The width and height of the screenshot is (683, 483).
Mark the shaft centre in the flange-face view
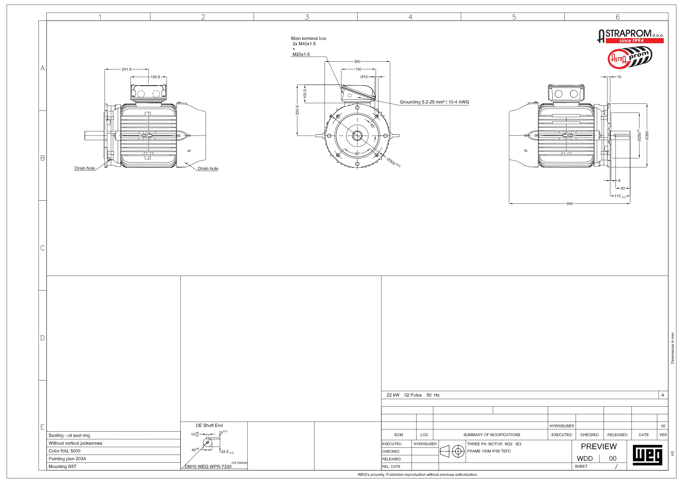pos(357,136)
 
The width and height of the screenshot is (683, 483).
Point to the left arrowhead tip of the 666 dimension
pos(509,204)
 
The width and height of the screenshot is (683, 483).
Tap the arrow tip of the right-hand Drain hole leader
pos(185,162)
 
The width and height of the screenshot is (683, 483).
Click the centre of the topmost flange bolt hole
pos(357,107)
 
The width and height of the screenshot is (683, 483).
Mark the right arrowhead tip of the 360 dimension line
pos(390,62)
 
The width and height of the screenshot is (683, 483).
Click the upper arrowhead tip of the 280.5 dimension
pos(297,85)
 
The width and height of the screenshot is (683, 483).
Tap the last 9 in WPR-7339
pos(230,466)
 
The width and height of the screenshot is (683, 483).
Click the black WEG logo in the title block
pos(647,455)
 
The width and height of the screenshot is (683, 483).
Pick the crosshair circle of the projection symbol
pos(458,451)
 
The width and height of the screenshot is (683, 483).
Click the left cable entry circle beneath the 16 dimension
pos(558,94)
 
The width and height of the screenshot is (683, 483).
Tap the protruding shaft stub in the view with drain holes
pos(94,136)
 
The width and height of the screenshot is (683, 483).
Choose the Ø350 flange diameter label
pos(647,135)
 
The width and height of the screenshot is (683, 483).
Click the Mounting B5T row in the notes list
pos(62,466)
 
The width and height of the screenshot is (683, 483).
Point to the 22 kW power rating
pos(393,395)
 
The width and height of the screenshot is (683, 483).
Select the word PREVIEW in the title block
pos(599,446)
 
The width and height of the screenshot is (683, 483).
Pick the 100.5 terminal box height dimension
pos(305,94)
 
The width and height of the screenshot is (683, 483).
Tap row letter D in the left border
pos(43,338)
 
